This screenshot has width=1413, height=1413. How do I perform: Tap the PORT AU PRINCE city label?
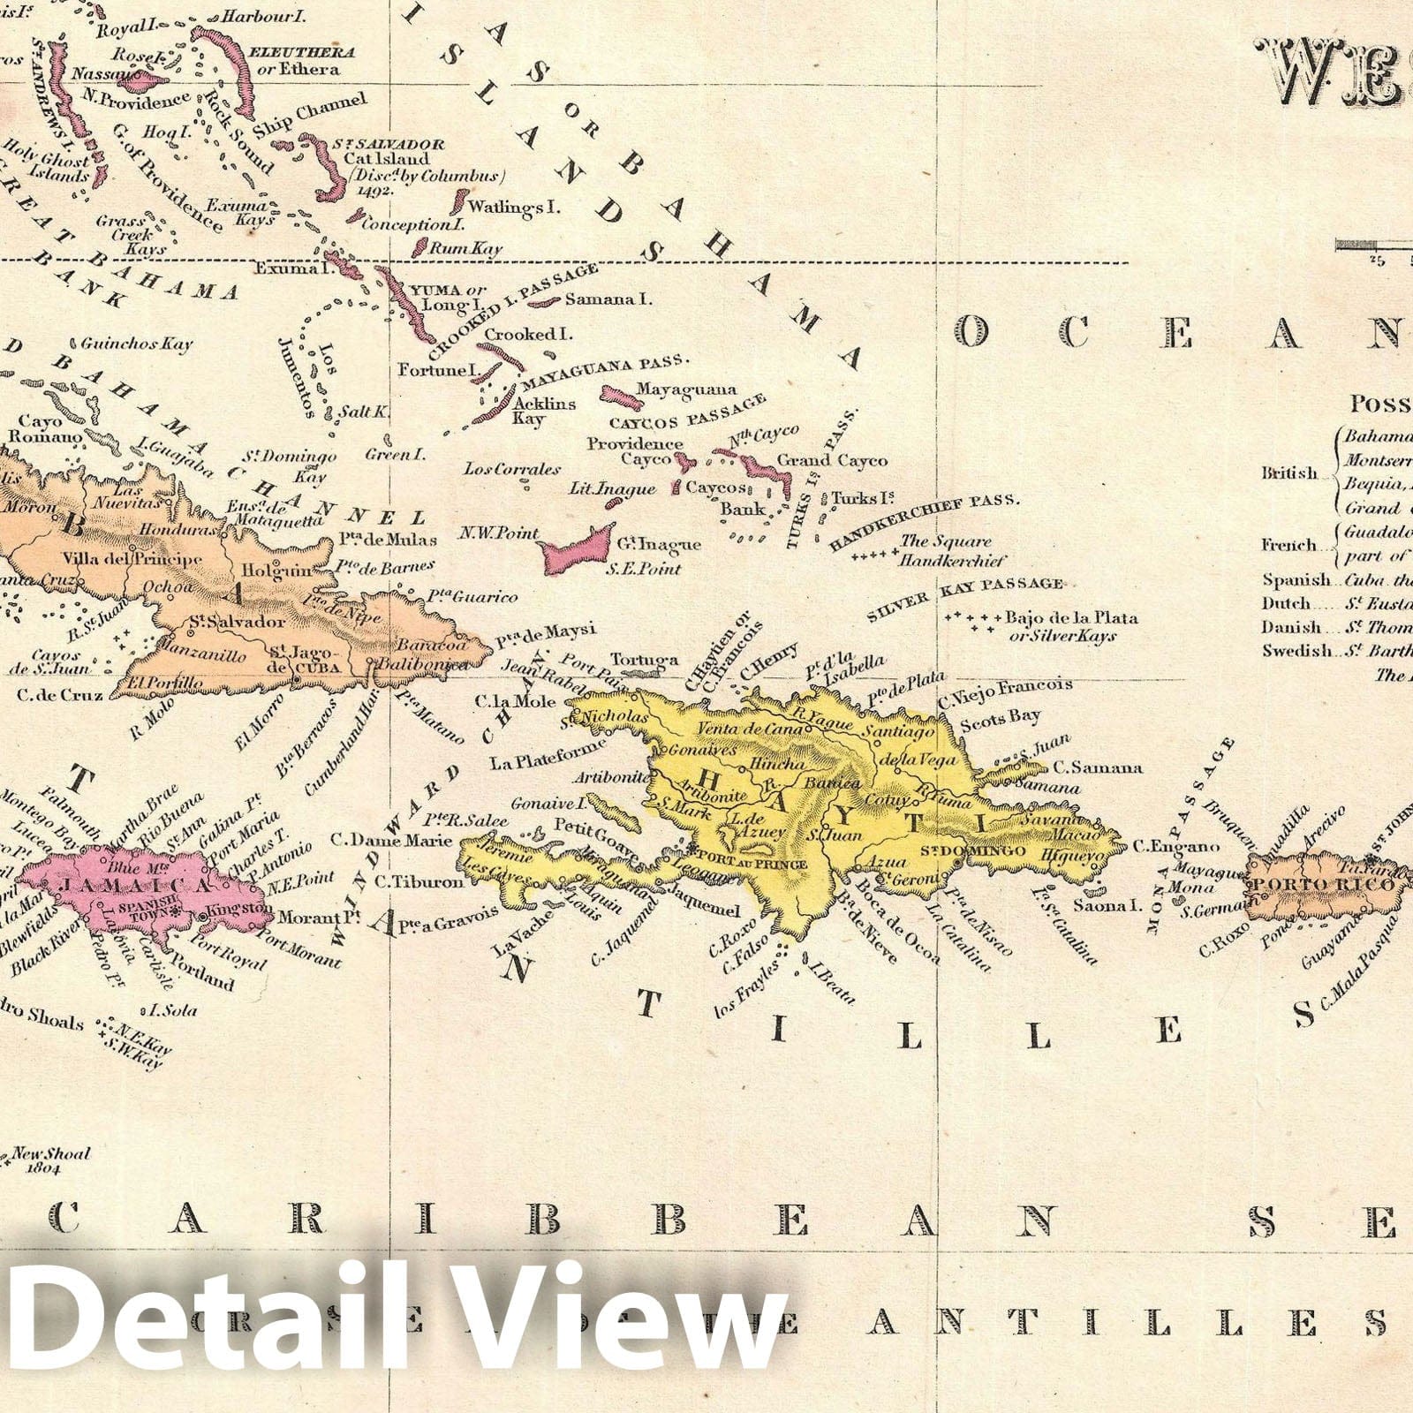(x=752, y=857)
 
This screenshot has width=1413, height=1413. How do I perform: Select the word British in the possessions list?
(x=1288, y=473)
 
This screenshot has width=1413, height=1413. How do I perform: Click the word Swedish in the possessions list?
(x=1296, y=651)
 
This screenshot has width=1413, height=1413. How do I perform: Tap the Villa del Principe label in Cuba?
(x=132, y=559)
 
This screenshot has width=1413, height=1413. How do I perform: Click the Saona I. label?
(x=1102, y=904)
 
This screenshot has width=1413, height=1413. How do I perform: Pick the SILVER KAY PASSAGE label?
(x=965, y=597)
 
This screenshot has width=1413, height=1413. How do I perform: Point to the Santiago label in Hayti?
(x=898, y=732)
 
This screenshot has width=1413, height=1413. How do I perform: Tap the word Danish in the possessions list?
(x=1291, y=628)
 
